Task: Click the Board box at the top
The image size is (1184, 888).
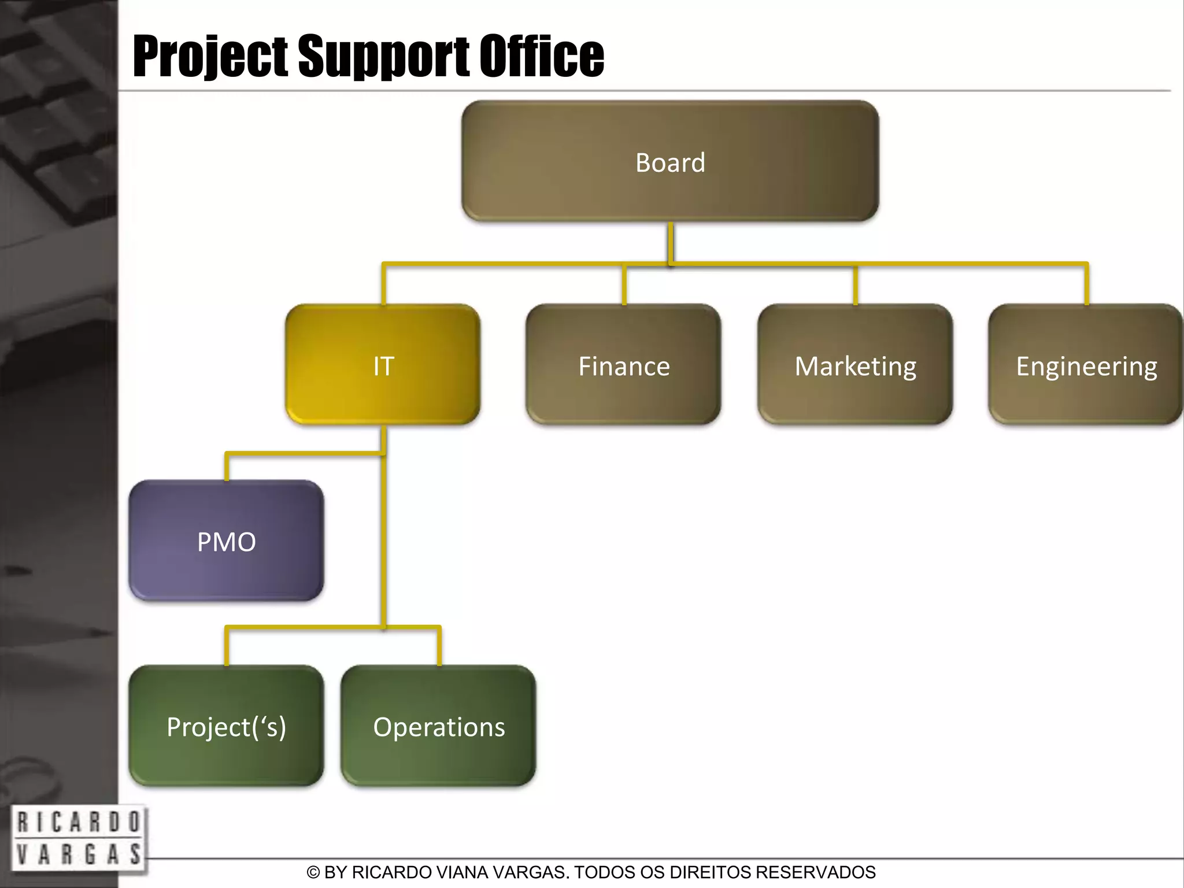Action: pos(670,161)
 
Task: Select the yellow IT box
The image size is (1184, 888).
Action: pos(383,365)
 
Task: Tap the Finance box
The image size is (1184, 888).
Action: pos(623,365)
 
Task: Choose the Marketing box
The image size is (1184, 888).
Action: pos(855,365)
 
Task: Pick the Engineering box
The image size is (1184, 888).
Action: pos(1086,365)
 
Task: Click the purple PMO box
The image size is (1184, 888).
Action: pos(226,541)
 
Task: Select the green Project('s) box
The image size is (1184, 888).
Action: pos(226,726)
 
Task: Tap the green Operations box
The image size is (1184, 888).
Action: pos(438,726)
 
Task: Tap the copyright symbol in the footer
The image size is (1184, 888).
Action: pos(313,872)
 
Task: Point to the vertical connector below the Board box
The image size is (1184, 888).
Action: pos(671,243)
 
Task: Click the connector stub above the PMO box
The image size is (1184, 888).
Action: pos(227,467)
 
